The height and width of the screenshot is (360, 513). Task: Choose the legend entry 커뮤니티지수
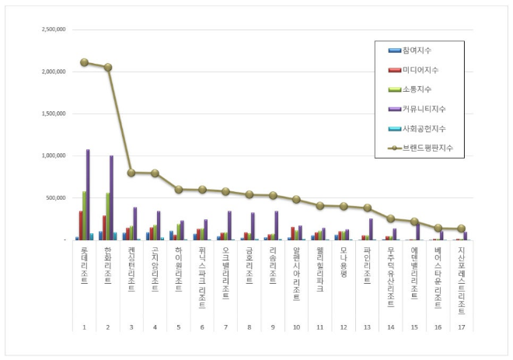pos(423,109)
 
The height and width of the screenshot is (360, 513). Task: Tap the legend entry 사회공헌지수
pos(423,128)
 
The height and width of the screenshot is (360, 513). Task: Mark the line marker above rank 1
pos(84,62)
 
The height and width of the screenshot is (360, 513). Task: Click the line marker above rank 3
pos(131,173)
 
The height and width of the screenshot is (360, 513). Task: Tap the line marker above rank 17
pos(461,229)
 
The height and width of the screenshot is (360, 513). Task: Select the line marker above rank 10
pos(296,199)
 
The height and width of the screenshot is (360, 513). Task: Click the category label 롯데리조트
pos(84,268)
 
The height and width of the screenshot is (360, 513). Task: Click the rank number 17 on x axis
pos(461,327)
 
